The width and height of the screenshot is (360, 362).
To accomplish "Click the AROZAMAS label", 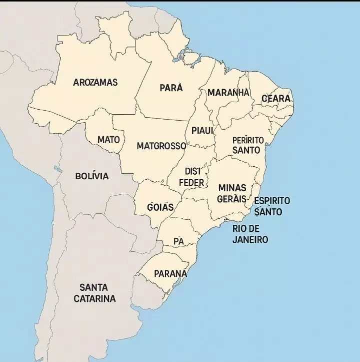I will coord(95,82).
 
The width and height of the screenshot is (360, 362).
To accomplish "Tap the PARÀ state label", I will coord(171,88).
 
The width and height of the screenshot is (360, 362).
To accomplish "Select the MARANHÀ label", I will coord(228,93).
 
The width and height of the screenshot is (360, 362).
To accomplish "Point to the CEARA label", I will coord(276,99).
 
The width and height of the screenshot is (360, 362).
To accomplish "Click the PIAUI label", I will coord(202,130).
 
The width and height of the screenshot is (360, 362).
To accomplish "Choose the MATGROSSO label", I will coord(161,147).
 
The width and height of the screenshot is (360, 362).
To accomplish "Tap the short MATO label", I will coord(108,140).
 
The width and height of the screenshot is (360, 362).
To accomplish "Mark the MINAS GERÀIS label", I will coord(232,193).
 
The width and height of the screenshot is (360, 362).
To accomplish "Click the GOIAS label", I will coord(160,207).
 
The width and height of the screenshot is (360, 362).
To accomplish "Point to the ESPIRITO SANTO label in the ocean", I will coord(271,206).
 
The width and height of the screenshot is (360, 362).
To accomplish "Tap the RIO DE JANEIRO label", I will coord(250,234).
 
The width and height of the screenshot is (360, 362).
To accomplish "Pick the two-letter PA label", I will coord(178,241).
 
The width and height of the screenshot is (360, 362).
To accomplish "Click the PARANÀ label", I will coord(170,273).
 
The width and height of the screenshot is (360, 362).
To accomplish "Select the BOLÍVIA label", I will coord(91,176).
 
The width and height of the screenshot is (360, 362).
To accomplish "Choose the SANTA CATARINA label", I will coord(94,293).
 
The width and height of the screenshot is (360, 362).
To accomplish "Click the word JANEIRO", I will coord(250,240).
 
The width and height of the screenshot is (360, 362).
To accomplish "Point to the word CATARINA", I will coord(94,299).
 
